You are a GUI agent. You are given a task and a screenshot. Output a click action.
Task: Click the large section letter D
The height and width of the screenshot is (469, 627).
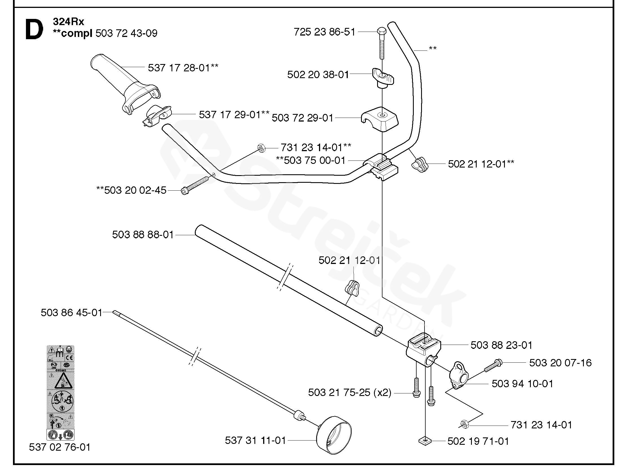(35, 30)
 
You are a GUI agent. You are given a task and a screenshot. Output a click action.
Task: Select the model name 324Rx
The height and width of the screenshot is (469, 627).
(68, 21)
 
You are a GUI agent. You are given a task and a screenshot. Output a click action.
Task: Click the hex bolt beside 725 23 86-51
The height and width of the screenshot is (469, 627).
(382, 43)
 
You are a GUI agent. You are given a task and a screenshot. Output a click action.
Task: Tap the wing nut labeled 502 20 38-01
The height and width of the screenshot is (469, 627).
(383, 77)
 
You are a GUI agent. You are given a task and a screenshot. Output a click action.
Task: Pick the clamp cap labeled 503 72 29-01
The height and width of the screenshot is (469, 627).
(380, 119)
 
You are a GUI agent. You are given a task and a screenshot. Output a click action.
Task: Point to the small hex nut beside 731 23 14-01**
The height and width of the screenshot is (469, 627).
(261, 148)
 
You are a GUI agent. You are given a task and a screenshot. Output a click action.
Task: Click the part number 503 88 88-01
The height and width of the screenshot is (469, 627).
(143, 235)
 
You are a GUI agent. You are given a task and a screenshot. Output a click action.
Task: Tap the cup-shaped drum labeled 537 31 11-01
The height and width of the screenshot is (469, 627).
(335, 435)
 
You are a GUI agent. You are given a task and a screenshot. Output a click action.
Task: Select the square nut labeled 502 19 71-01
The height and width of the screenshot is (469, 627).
(425, 441)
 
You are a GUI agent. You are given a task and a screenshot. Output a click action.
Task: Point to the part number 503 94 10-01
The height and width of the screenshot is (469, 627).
(522, 384)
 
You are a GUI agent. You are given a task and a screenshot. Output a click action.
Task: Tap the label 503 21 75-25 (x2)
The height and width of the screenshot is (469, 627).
(349, 393)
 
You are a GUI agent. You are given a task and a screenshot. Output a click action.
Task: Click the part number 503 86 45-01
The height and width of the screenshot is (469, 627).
(71, 312)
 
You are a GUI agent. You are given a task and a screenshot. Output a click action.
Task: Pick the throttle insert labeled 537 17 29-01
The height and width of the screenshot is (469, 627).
(158, 116)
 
